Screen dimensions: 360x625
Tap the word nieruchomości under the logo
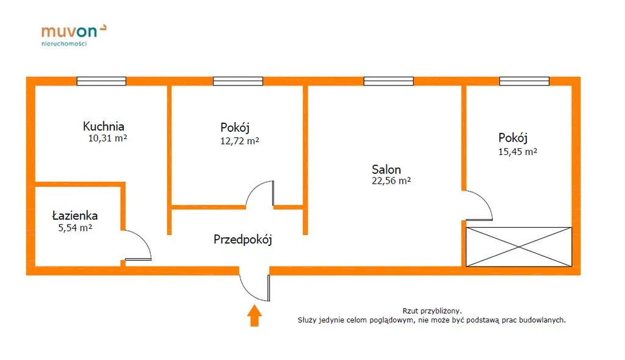(64, 43)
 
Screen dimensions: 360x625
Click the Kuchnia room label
(104, 127)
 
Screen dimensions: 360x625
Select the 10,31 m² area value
(107, 139)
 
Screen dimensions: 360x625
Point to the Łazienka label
(74, 216)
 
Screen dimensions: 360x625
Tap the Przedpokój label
(242, 239)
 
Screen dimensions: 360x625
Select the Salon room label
(386, 170)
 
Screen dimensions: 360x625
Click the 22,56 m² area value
(391, 181)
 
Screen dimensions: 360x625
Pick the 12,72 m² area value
(240, 141)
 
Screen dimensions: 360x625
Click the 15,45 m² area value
(518, 152)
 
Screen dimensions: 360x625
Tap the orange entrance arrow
(255, 316)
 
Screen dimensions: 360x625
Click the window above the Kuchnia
(101, 81)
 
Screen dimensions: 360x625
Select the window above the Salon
(388, 81)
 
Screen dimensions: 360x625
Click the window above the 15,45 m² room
(524, 81)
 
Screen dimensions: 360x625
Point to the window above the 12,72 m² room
(238, 81)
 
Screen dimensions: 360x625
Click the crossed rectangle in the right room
(519, 247)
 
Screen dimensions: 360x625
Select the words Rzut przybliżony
(432, 311)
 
